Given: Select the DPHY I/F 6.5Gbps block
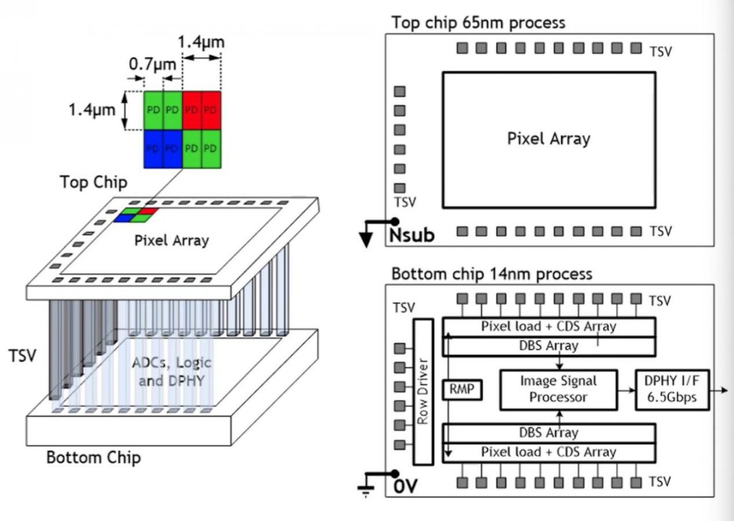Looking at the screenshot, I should [673, 389].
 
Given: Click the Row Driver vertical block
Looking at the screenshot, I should [423, 391].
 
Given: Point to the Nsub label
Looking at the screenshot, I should [412, 236].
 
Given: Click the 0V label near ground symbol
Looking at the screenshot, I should [406, 487].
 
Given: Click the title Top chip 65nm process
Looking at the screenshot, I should [478, 23].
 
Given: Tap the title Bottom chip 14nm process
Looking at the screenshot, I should [491, 273].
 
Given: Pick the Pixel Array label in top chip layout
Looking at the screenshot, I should [549, 139].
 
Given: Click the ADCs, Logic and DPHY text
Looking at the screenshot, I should [171, 372].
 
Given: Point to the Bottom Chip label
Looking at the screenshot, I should [93, 458].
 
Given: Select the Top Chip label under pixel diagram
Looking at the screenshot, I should [93, 182].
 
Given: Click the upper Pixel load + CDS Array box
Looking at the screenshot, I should [549, 326].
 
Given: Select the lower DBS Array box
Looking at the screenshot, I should [549, 432].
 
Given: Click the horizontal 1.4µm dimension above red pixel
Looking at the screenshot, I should [201, 42].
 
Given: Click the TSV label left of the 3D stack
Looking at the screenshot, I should [22, 355].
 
